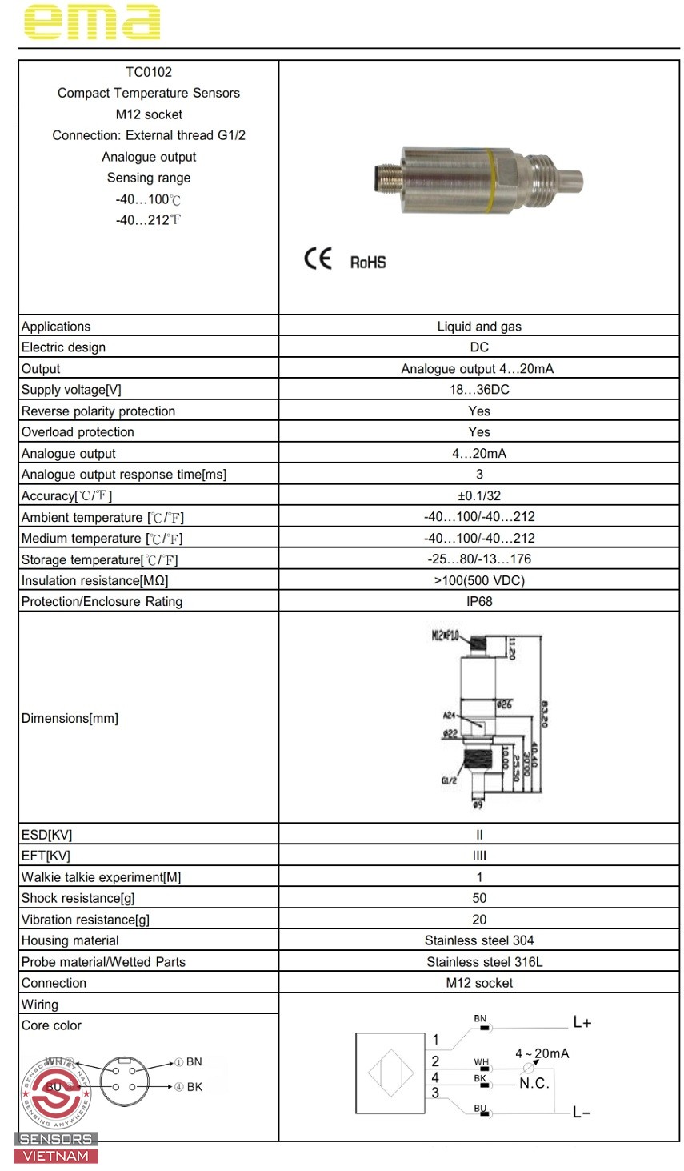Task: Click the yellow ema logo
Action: coord(92,22)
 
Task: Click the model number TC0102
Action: coord(149,72)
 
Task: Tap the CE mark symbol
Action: coord(318,259)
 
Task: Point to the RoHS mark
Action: coord(368,263)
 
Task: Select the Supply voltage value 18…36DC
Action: coord(479,390)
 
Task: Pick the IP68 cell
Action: coord(479,602)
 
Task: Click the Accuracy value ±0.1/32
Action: coord(479,496)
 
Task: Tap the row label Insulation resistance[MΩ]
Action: coord(95,581)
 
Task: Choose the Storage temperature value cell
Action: coord(479,559)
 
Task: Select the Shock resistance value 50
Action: coord(479,898)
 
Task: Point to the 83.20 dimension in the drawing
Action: coord(544,714)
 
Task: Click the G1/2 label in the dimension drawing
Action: coord(449,780)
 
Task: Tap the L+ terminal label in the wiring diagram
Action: coord(582,1023)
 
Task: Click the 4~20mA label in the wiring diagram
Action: coord(542,1053)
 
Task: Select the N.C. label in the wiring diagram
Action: coord(534,1084)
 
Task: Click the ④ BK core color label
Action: coord(189,1087)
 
